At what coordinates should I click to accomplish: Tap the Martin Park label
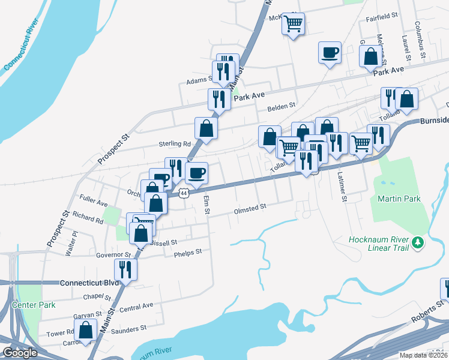click(399, 199)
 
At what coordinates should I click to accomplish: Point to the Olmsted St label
click(249, 207)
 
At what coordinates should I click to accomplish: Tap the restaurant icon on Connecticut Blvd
click(125, 269)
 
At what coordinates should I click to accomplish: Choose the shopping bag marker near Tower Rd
click(86, 330)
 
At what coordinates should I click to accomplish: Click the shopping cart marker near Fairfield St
click(293, 25)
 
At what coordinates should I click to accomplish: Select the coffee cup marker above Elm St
click(196, 173)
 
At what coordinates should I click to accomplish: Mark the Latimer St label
click(343, 185)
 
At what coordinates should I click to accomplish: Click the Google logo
click(20, 352)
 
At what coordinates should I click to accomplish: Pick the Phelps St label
click(188, 252)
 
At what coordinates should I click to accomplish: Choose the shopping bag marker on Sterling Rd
click(206, 128)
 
